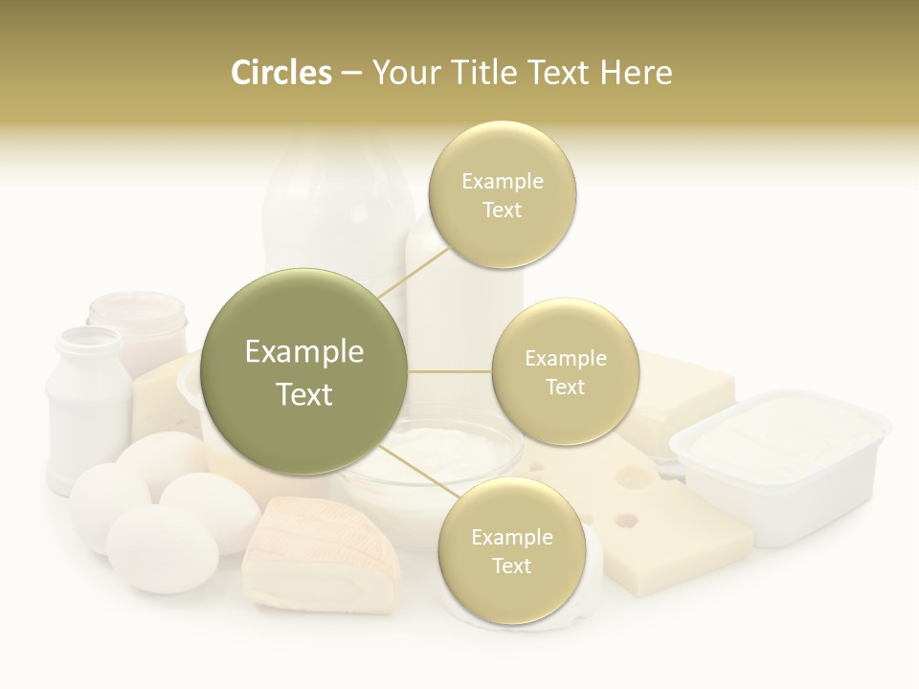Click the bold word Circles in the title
(x=280, y=73)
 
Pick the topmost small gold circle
(x=502, y=195)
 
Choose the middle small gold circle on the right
(x=565, y=372)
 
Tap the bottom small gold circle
(x=511, y=551)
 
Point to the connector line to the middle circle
(x=450, y=371)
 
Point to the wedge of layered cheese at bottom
(x=321, y=555)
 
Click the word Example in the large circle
(x=304, y=352)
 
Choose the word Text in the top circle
(x=502, y=211)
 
